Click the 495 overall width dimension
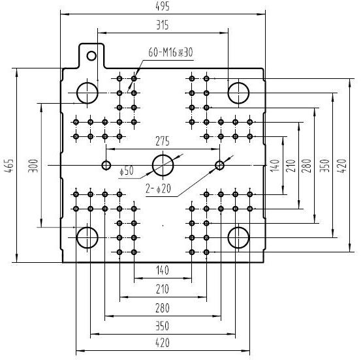pyautogui.click(x=163, y=7)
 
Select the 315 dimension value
pyautogui.click(x=163, y=25)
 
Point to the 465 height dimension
pyautogui.click(x=9, y=165)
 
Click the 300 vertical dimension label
pyautogui.click(x=33, y=166)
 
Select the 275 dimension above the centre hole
pyautogui.click(x=163, y=141)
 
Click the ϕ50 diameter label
pyautogui.click(x=127, y=171)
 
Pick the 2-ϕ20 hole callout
pyautogui.click(x=159, y=188)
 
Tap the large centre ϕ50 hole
pyautogui.click(x=163, y=155)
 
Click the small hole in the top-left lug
pyautogui.click(x=91, y=52)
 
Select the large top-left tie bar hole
pyautogui.click(x=87, y=83)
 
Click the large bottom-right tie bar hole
pyautogui.click(x=238, y=228)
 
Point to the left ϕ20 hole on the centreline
pyautogui.click(x=106, y=161)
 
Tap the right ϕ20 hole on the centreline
pyautogui.click(x=219, y=161)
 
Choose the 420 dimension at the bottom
pyautogui.click(x=163, y=342)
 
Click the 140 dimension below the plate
pyautogui.click(x=163, y=270)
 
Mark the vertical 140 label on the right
pyautogui.click(x=276, y=166)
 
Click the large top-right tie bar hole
pyautogui.click(x=238, y=83)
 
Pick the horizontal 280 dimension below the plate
pyautogui.click(x=163, y=308)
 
